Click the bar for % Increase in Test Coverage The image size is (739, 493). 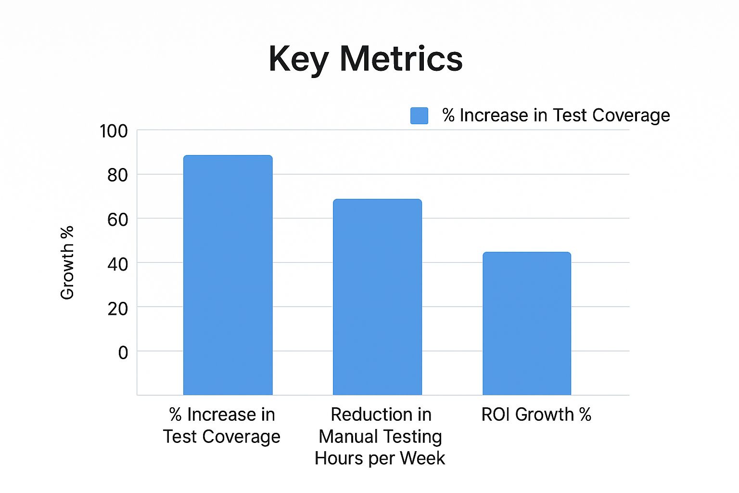(228, 274)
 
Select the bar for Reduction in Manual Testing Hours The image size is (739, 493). (377, 297)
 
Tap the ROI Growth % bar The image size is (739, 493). (527, 323)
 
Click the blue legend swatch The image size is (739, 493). (419, 116)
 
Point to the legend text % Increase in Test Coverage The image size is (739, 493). (556, 116)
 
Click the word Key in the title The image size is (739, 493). (298, 59)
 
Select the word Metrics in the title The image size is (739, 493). (401, 59)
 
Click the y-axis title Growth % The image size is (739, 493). (67, 262)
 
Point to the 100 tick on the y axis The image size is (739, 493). (114, 131)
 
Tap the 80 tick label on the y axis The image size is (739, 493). (117, 175)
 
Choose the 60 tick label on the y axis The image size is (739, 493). (117, 220)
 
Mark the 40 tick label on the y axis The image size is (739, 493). (117, 264)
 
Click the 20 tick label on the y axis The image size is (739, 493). (117, 308)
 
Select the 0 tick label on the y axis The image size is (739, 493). (123, 352)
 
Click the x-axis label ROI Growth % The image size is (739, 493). (536, 415)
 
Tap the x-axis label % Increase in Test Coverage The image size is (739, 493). (222, 426)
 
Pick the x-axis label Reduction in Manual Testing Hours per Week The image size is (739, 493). (380, 436)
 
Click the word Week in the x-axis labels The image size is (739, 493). (422, 458)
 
